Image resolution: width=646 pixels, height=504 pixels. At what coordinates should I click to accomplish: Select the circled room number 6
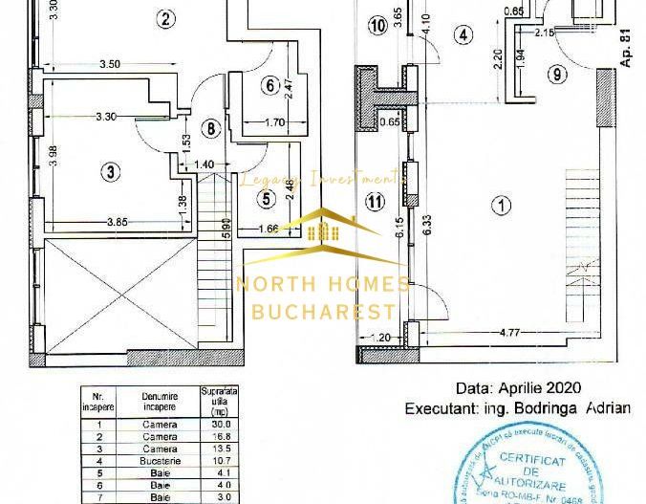click(269, 85)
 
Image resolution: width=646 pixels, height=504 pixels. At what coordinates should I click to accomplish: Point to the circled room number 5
click(267, 199)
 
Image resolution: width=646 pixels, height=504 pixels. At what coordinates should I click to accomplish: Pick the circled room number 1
click(499, 204)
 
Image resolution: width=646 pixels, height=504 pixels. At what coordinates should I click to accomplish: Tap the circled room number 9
click(557, 74)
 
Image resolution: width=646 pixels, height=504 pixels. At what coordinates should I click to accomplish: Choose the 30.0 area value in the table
click(221, 425)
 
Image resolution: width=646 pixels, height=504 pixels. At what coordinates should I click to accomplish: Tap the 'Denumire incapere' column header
click(159, 401)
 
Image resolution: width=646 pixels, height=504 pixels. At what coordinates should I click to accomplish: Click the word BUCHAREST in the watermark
click(323, 311)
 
